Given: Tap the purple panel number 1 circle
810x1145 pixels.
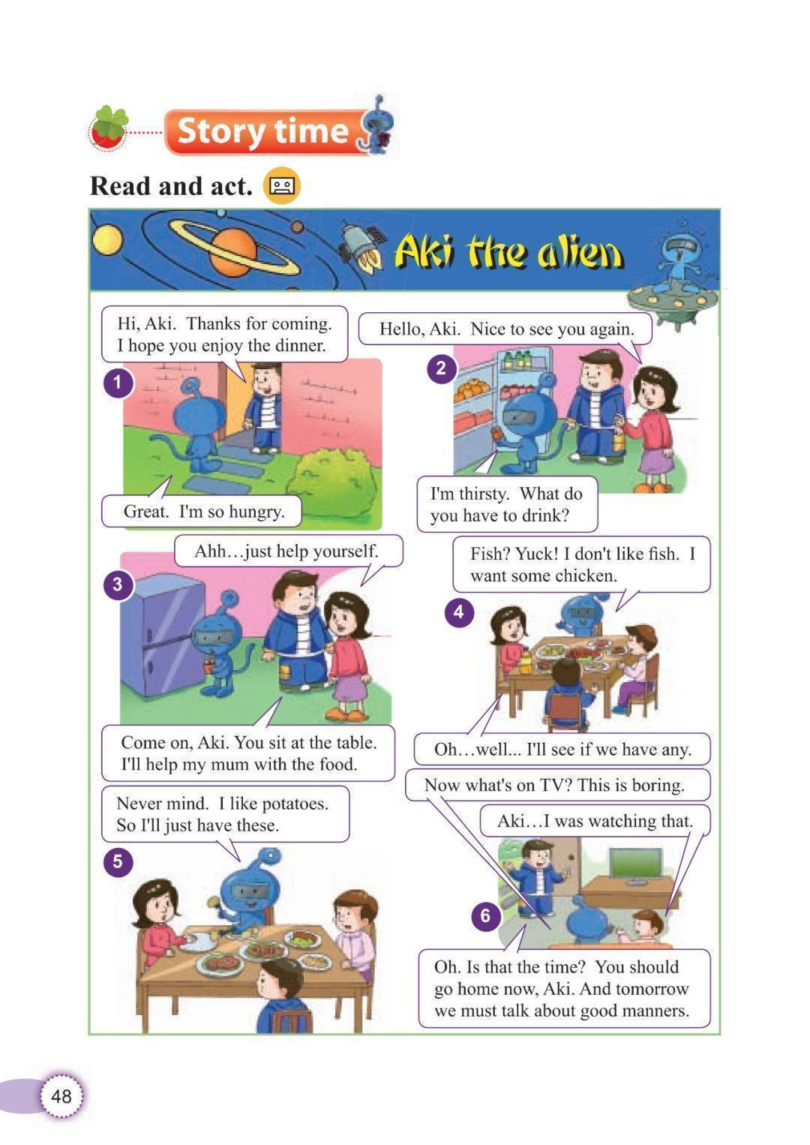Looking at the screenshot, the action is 118,383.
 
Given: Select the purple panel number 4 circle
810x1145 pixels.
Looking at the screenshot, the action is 458,612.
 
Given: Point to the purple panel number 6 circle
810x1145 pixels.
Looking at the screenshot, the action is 485,915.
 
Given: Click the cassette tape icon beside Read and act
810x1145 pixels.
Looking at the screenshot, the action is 281,185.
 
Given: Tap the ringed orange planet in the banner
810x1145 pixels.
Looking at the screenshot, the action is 233,251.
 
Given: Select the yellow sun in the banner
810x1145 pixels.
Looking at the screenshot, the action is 106,240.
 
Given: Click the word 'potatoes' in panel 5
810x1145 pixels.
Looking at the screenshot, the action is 294,804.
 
